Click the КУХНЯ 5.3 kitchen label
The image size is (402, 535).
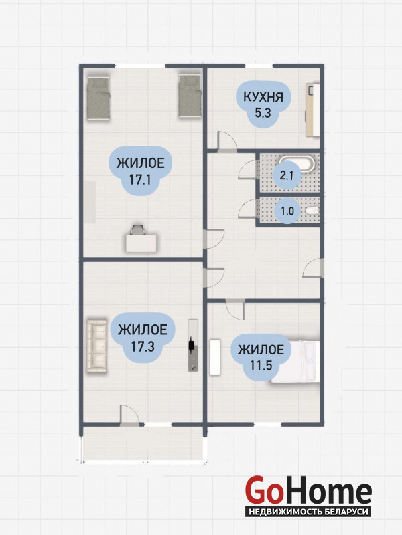click(263, 104)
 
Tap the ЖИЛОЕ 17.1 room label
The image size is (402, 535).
click(140, 171)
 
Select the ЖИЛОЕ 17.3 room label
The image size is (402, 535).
click(143, 338)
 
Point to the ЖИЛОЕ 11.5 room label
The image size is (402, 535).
click(261, 357)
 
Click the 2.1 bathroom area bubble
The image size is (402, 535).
click(287, 175)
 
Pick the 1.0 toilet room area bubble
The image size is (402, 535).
click(287, 211)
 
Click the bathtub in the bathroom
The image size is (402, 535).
click(297, 164)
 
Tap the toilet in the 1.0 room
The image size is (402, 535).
click(312, 211)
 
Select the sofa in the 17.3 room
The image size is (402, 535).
click(97, 346)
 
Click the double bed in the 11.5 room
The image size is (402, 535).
click(296, 362)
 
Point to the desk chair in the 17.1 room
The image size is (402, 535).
click(137, 229)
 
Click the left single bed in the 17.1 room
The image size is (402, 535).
click(98, 98)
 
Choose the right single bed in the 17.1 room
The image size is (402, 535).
click(190, 96)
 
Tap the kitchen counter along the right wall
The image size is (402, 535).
click(313, 110)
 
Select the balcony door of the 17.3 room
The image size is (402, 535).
click(130, 415)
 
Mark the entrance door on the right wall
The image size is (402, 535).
click(313, 268)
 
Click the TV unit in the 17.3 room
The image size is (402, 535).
click(193, 345)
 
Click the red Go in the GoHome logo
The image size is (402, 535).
click(265, 490)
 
